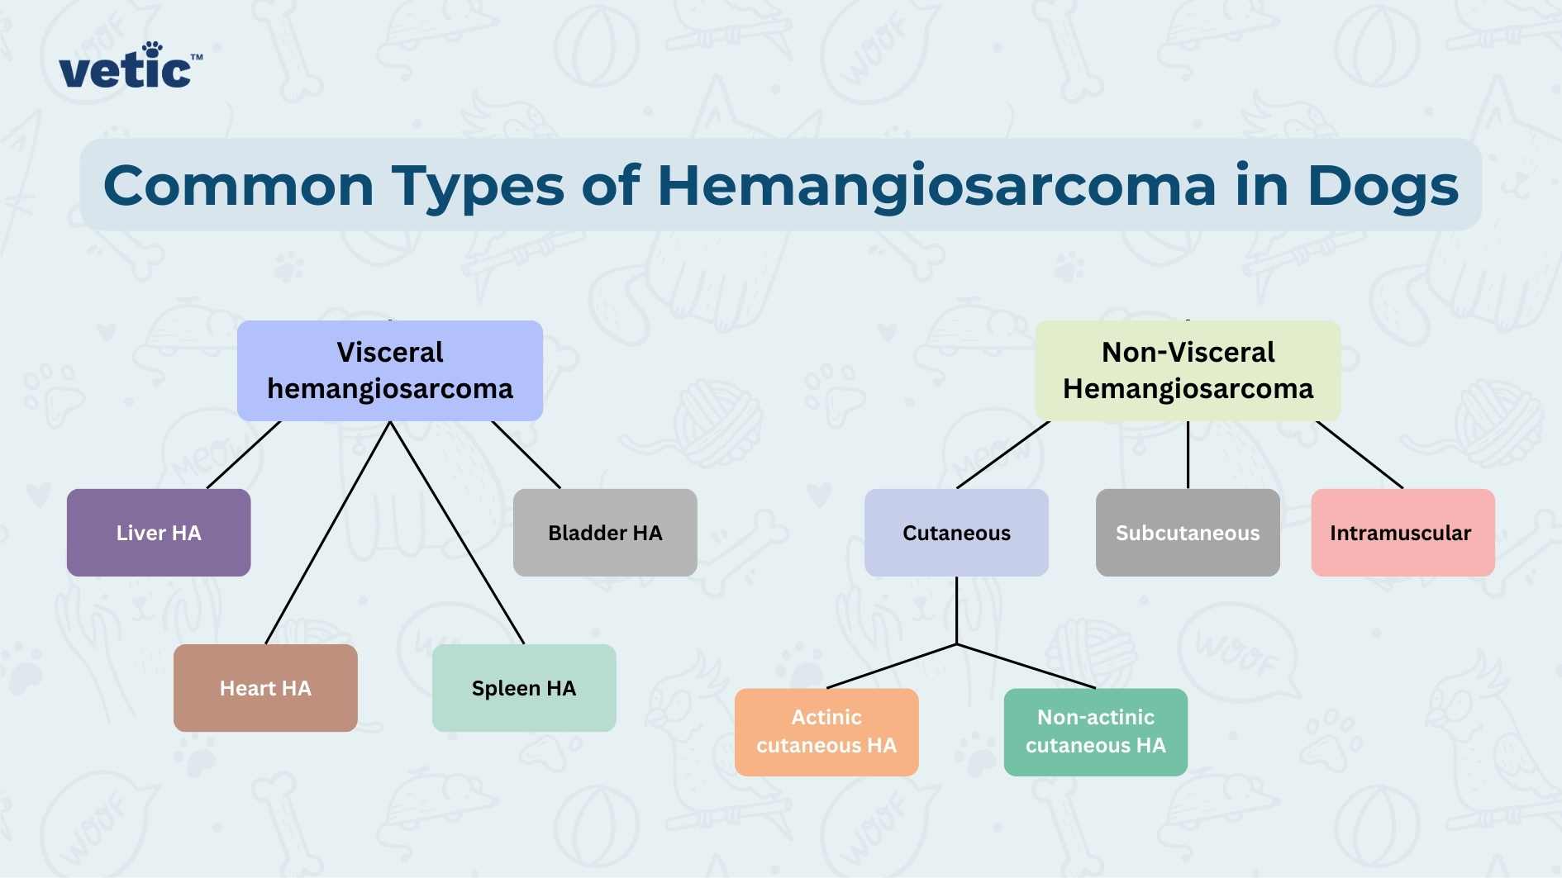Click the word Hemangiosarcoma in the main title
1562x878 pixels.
tap(936, 186)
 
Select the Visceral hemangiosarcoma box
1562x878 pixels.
tap(390, 371)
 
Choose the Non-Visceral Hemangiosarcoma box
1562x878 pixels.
tap(1188, 371)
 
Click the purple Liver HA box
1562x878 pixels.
tap(159, 533)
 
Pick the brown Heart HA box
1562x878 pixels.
tap(265, 688)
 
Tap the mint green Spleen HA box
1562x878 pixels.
tap(524, 688)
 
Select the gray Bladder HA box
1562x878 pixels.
tap(605, 533)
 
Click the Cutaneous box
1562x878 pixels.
tap(956, 533)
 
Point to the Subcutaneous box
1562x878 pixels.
tap(1188, 533)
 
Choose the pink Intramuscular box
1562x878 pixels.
tap(1402, 533)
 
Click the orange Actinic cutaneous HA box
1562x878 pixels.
tap(826, 732)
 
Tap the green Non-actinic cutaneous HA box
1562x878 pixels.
tap(1095, 732)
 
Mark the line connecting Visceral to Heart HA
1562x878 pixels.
tap(328, 533)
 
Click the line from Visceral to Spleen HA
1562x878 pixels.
tap(457, 533)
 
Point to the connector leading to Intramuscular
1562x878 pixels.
tap(1360, 454)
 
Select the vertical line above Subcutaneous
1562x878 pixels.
tap(1188, 454)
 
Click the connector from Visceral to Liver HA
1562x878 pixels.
tap(244, 454)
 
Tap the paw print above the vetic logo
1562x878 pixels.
tap(152, 49)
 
